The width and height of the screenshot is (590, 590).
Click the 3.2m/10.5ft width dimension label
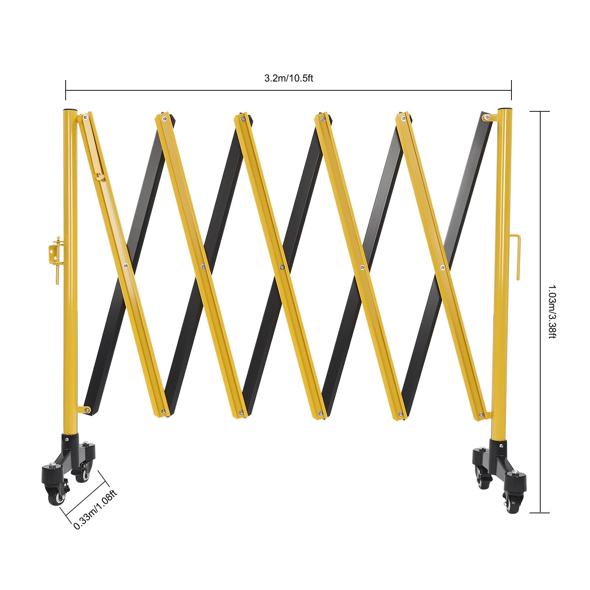(288, 78)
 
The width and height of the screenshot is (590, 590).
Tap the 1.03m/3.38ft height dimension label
(552, 312)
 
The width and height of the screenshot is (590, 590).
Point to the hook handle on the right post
(516, 256)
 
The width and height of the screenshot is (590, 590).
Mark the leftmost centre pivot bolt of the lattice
(126, 265)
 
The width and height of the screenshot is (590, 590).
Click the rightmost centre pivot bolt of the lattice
(442, 267)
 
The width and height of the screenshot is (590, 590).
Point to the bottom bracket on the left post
(84, 409)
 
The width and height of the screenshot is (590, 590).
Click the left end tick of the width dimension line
(66, 90)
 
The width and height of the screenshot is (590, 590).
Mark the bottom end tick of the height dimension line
(540, 513)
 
